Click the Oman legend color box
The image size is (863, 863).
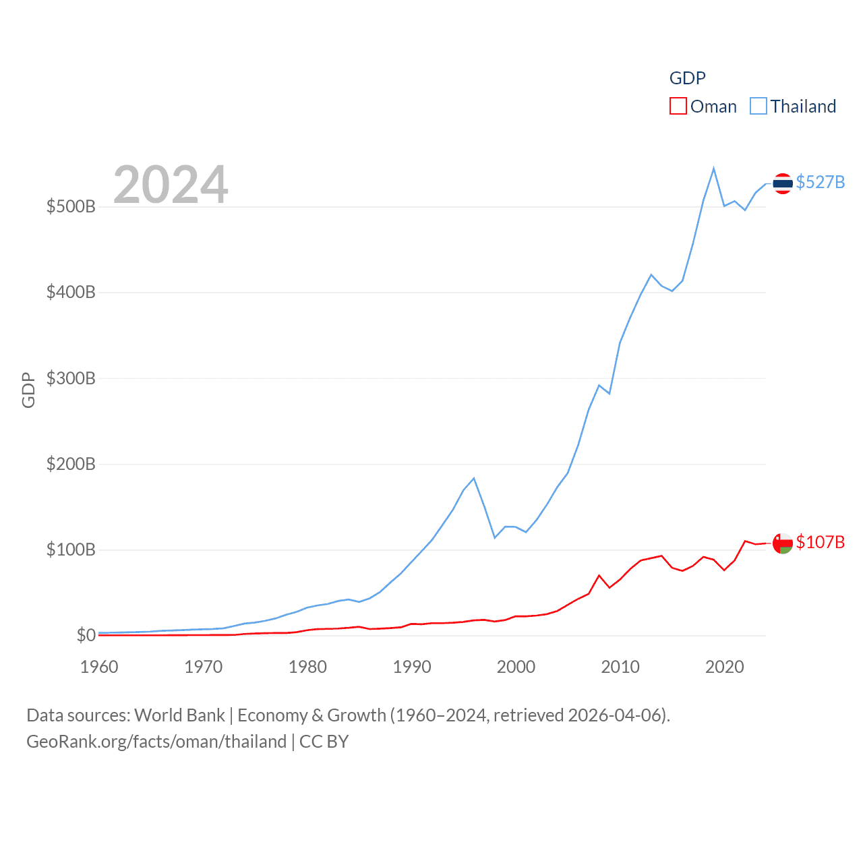pos(678,107)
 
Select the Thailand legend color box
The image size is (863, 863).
pos(758,107)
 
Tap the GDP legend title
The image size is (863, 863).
pos(687,78)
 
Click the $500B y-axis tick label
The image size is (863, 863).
pos(71,206)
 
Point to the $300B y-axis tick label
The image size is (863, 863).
pos(71,378)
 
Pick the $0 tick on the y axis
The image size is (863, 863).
pos(86,635)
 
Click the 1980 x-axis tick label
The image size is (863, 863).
pos(307,667)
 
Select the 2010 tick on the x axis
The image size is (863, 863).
pos(620,667)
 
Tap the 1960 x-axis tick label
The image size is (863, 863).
pos(99,667)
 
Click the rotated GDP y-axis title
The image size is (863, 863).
pos(28,390)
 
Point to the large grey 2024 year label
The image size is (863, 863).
pos(171,185)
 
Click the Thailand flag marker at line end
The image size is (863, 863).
pos(782,183)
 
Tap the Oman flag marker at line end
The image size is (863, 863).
pos(782,543)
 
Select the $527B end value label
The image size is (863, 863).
pos(820,182)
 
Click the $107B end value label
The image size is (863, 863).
pos(820,542)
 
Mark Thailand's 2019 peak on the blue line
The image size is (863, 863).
pos(713,169)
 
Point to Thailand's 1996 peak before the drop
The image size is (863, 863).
pos(474,479)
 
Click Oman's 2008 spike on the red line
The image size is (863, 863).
pos(599,576)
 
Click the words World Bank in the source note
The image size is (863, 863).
pos(179,715)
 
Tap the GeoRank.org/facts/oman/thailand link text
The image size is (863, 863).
pos(156,742)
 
